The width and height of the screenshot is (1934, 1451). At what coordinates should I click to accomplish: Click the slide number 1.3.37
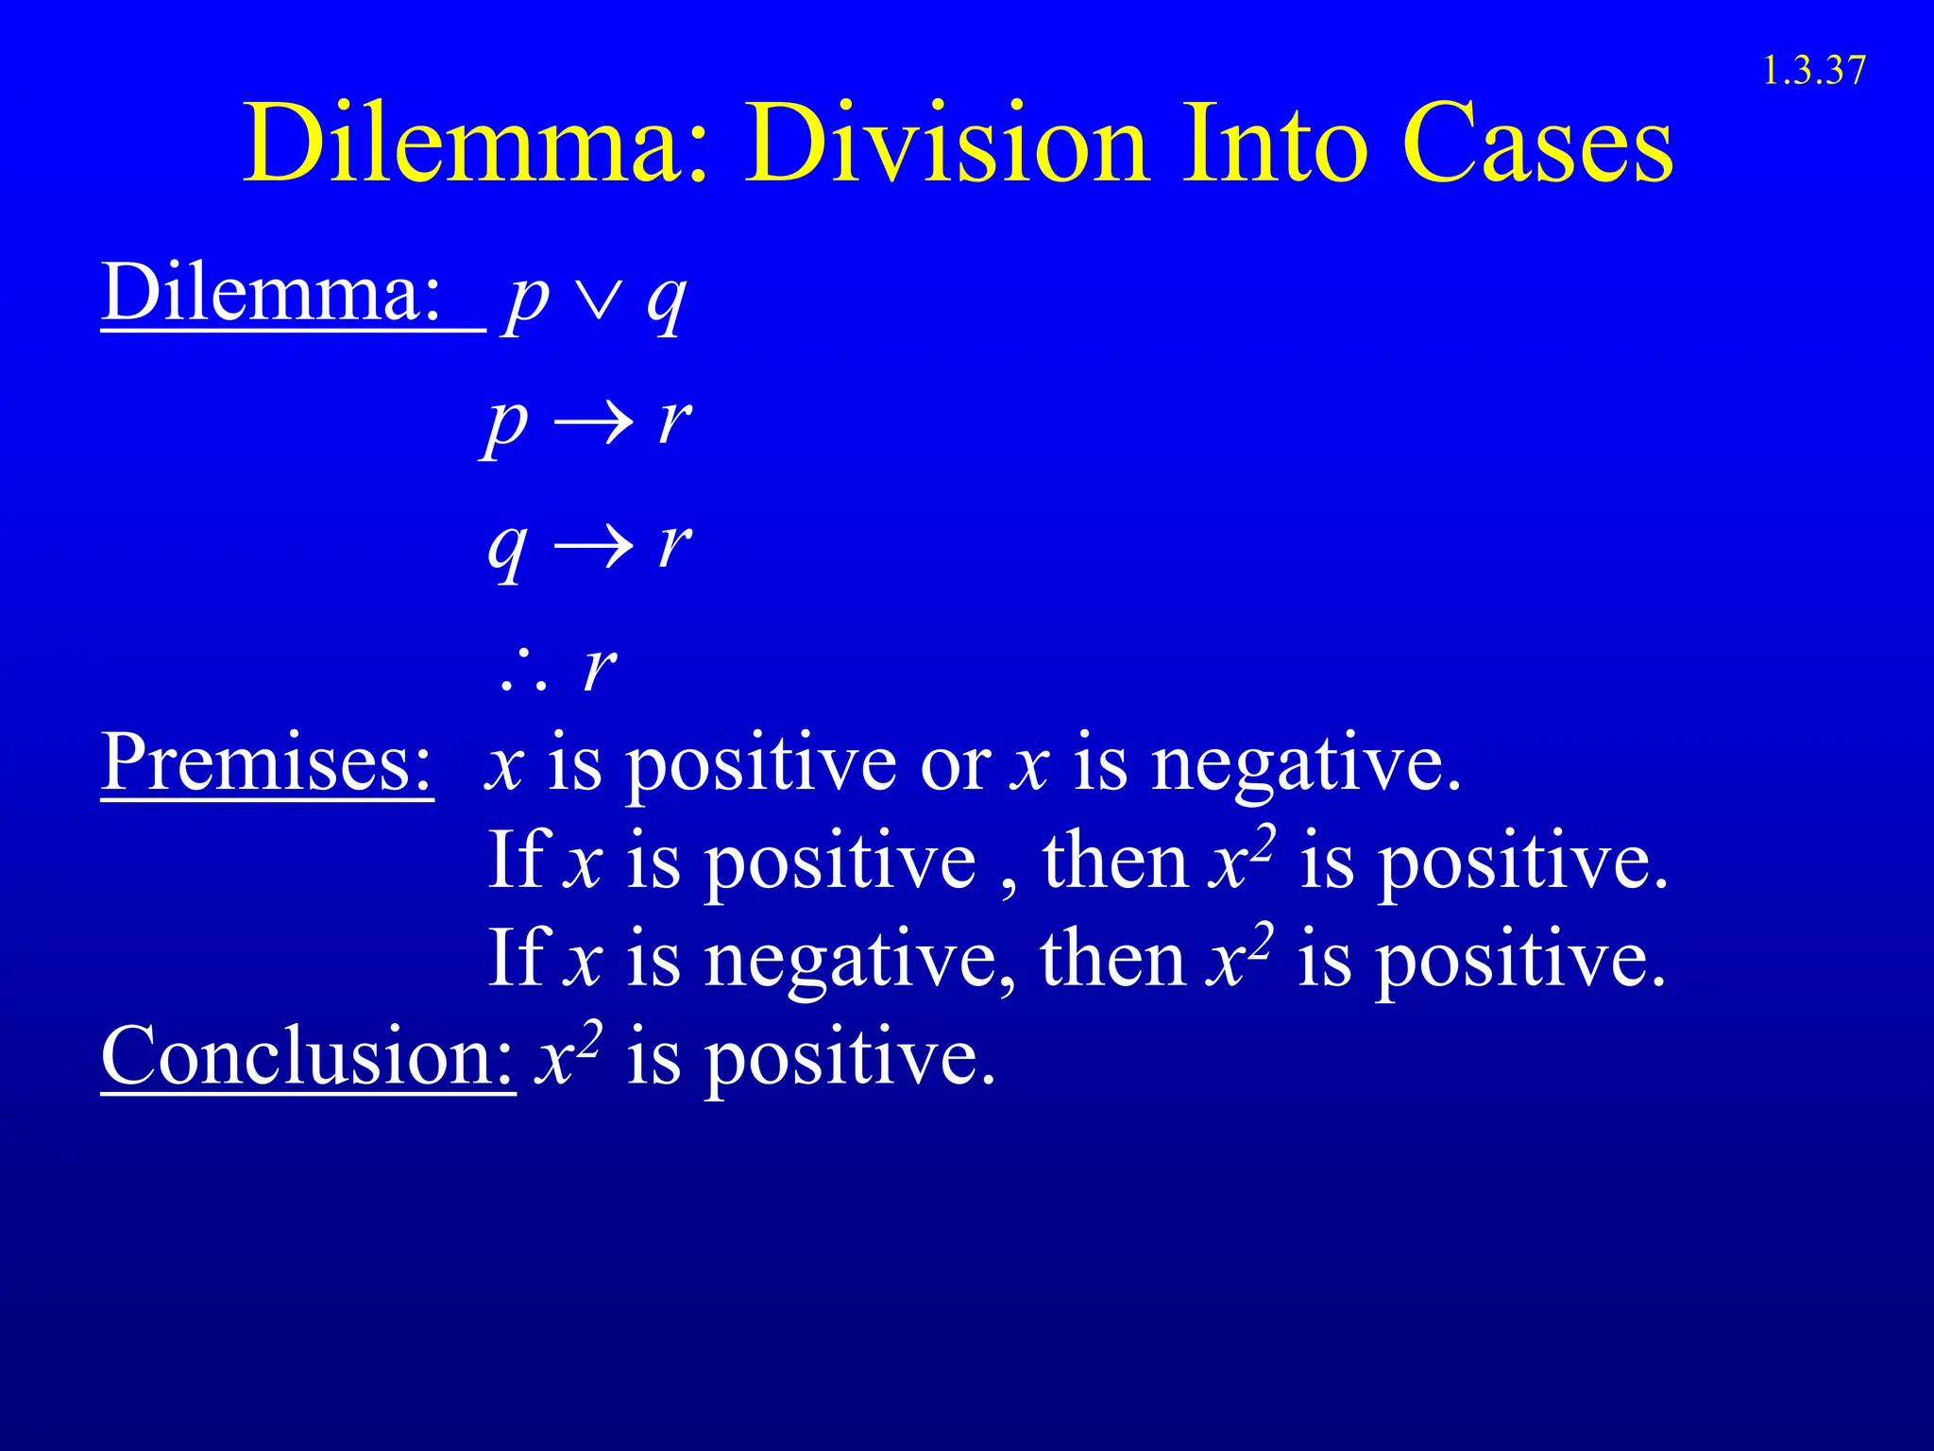click(x=1814, y=71)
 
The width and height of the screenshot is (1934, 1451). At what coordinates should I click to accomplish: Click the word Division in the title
click(x=947, y=145)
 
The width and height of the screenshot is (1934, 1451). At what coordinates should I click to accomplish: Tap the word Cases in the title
click(x=1538, y=145)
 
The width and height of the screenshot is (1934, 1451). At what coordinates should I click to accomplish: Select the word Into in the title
click(x=1275, y=145)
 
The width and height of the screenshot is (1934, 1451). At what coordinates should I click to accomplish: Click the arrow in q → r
click(x=592, y=546)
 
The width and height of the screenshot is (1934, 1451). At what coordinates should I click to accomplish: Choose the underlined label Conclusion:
click(x=308, y=1055)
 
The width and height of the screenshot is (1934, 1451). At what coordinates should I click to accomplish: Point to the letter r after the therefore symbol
click(x=601, y=669)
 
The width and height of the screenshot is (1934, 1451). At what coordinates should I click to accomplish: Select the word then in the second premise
click(x=1115, y=862)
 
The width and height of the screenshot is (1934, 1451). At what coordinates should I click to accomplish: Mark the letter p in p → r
click(x=506, y=424)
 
